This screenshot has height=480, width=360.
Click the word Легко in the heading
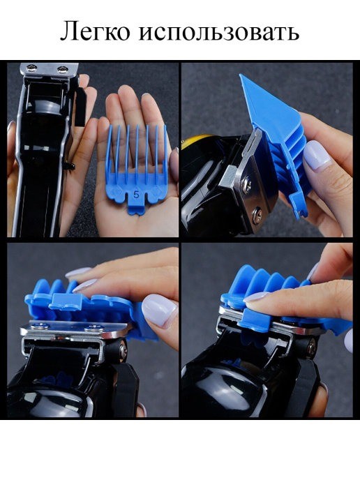pyautogui.click(x=95, y=31)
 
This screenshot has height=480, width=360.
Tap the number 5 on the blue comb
pyautogui.click(x=136, y=194)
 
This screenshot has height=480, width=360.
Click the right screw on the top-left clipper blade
pyautogui.click(x=63, y=70)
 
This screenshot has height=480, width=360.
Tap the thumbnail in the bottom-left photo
pyautogui.click(x=159, y=310)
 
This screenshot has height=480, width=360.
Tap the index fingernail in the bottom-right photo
pyautogui.click(x=256, y=297)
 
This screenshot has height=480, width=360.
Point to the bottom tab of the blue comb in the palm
pyautogui.click(x=137, y=209)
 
